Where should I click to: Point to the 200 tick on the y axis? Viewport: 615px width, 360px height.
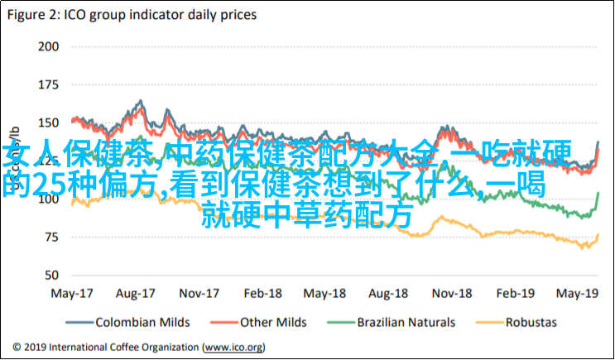(x=48, y=46)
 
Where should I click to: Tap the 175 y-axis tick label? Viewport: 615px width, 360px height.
(x=48, y=84)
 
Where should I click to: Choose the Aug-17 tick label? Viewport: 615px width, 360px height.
(x=136, y=294)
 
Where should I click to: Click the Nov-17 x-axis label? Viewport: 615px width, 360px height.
(x=200, y=294)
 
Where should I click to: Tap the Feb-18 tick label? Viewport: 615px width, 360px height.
(x=264, y=294)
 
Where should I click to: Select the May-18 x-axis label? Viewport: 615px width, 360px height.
(x=326, y=294)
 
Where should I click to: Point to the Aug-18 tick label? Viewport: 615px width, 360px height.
(x=389, y=294)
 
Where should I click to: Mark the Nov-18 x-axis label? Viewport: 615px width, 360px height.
(x=452, y=294)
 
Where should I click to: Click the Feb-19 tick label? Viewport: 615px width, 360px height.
(x=515, y=294)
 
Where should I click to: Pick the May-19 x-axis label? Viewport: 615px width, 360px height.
(x=577, y=294)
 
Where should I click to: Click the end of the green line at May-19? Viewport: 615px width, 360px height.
(x=598, y=193)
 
